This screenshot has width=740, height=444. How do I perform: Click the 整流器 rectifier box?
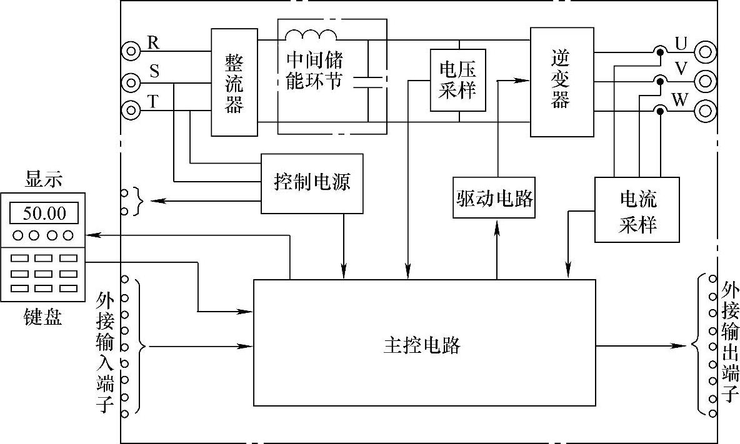[x=234, y=82]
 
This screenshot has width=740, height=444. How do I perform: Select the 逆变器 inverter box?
[x=561, y=82]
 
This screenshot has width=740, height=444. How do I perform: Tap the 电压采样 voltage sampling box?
[x=457, y=80]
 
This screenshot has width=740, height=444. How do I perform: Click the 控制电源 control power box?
[x=312, y=183]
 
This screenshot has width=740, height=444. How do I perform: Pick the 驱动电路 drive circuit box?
[x=494, y=199]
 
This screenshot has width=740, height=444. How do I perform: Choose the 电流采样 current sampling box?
[x=637, y=210]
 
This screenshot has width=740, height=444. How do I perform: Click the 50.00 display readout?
[x=44, y=214]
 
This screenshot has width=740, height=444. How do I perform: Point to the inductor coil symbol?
[x=311, y=35]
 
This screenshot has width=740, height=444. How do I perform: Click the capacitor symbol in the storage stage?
[x=367, y=82]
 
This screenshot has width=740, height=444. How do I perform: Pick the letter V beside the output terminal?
[x=681, y=69]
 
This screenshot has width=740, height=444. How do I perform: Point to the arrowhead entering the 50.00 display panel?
[x=91, y=235]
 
